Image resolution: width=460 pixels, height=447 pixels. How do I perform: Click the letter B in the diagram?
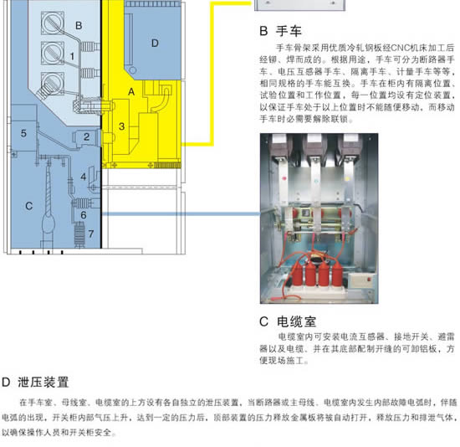[79, 26]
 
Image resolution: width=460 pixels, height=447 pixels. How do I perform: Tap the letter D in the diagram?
[155, 44]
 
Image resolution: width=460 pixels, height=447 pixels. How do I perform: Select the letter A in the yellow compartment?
[131, 92]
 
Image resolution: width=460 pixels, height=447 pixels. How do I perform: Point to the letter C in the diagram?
[28, 206]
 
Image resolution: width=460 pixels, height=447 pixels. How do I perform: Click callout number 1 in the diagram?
[72, 56]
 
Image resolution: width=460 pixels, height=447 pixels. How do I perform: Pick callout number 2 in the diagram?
[86, 136]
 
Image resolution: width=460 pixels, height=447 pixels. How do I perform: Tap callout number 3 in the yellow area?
[122, 126]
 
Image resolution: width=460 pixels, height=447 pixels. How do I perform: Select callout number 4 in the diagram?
[84, 177]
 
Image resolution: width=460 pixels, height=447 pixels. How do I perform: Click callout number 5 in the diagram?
[23, 133]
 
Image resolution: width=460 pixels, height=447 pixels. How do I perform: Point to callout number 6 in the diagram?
[84, 215]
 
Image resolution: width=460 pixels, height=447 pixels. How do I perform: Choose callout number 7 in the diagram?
[91, 234]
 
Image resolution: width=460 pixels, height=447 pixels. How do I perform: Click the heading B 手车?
[280, 31]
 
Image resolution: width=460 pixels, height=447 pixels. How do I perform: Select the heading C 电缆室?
[288, 321]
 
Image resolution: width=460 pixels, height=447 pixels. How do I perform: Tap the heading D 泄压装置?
[35, 383]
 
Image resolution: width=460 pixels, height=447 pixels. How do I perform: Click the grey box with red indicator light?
[362, 280]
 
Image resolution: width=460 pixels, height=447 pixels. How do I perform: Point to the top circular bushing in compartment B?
[53, 23]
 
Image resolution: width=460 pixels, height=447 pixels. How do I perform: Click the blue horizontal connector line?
[181, 214]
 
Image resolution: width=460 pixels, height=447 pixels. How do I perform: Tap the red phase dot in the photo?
[284, 178]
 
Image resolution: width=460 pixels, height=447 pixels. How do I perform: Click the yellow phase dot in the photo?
[347, 178]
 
